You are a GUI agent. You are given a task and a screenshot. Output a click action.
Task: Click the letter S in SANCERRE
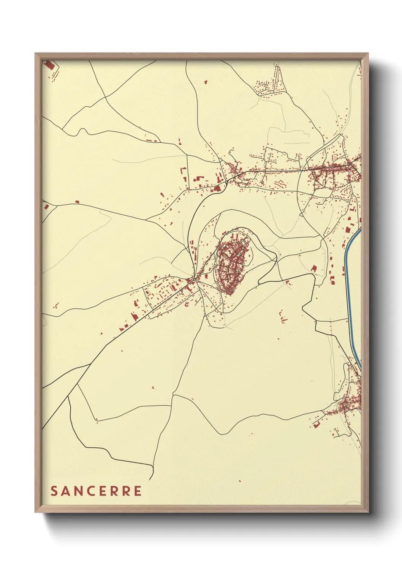click(54, 491)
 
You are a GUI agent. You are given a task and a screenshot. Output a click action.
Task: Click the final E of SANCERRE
click(137, 491)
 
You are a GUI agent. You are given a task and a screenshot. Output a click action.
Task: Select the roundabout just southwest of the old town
click(194, 279)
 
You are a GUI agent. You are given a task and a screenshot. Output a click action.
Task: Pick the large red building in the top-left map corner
click(49, 65)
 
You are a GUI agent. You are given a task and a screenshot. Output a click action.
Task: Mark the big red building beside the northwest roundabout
click(217, 188)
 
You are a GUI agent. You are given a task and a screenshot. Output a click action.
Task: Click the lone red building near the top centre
click(206, 82)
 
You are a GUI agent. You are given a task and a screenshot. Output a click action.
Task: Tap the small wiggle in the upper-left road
click(81, 131)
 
